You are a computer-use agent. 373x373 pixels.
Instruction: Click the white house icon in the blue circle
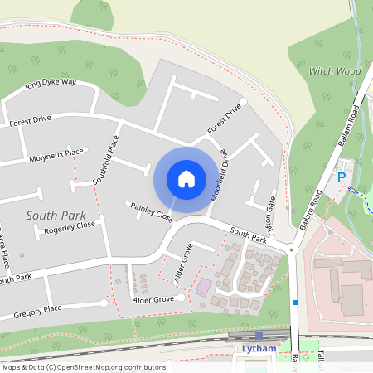click(186, 178)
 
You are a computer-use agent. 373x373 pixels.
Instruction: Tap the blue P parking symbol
click(340, 177)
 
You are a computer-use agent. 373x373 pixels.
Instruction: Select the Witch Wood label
click(335, 72)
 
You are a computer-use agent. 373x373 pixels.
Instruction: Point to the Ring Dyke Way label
click(51, 84)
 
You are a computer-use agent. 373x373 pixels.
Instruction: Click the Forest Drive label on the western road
click(30, 119)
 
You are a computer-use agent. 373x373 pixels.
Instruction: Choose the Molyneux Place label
click(56, 153)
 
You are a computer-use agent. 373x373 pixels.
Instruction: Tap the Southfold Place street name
click(107, 159)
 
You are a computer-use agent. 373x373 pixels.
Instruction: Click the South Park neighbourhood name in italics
click(56, 215)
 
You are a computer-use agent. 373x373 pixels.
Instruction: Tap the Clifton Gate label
click(270, 213)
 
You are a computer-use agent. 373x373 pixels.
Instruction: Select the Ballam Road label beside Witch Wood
click(350, 128)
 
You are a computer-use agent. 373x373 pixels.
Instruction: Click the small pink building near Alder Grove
click(203, 288)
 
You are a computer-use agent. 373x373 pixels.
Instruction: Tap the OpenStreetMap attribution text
click(83, 367)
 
